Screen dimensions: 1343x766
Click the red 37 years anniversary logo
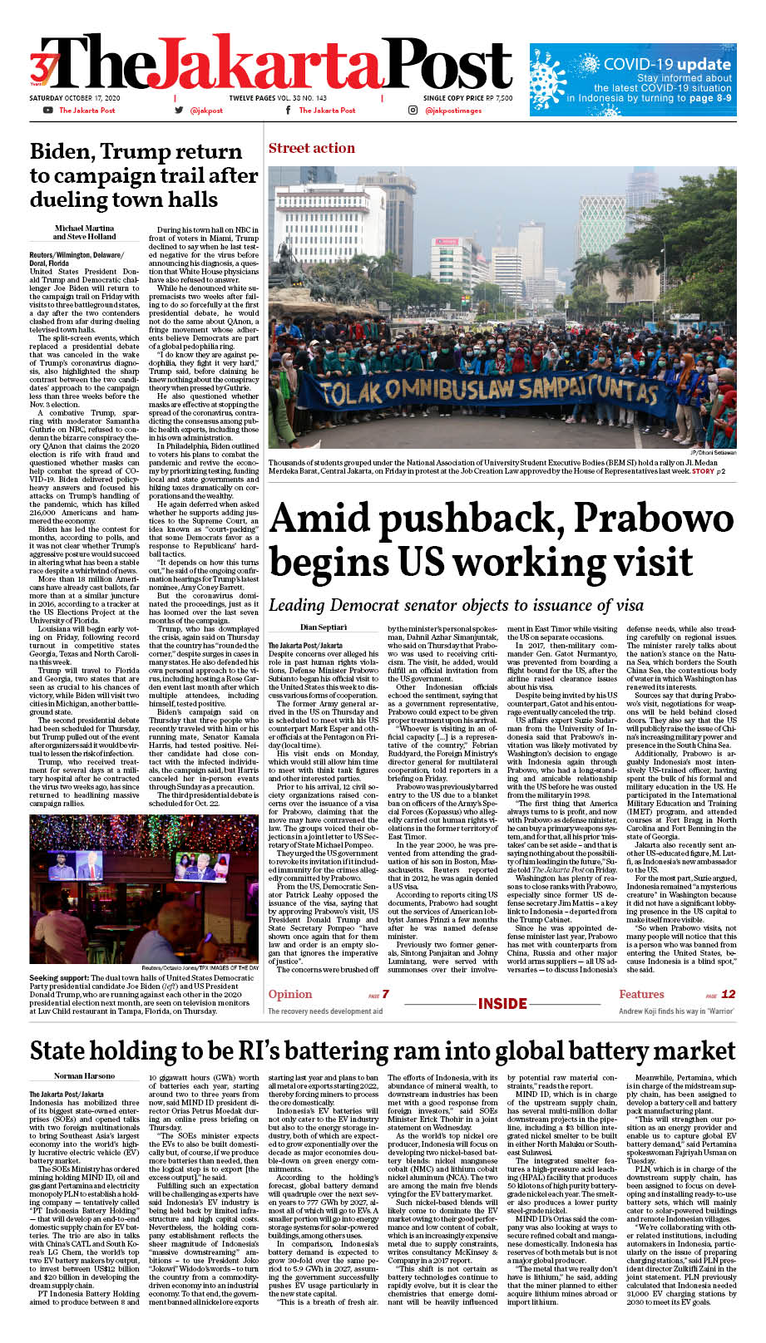[x=42, y=69]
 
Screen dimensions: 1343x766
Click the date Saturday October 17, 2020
[x=75, y=98]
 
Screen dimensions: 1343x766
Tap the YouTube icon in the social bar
[x=47, y=111]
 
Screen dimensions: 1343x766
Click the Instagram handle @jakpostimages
[x=456, y=111]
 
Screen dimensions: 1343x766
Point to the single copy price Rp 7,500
[x=467, y=98]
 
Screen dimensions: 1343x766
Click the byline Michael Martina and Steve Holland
[x=85, y=232]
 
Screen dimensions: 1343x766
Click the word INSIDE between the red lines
[x=502, y=1003]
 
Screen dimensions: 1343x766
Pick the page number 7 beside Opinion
[x=385, y=994]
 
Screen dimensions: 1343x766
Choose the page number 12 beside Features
[x=728, y=994]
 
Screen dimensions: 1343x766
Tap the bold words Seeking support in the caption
[x=62, y=978]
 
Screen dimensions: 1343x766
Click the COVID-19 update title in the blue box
[x=666, y=63]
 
